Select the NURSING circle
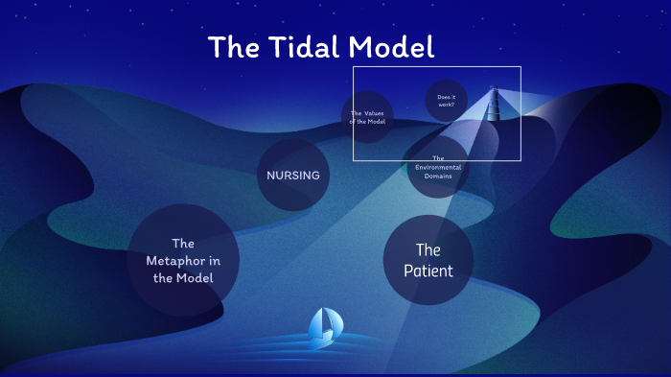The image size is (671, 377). coord(293,176)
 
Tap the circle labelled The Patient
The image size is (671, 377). coord(428,260)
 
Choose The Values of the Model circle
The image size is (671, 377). coord(367,117)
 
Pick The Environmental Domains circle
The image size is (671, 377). coord(438,167)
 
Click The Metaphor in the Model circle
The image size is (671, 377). coord(183,260)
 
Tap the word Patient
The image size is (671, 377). coord(428,271)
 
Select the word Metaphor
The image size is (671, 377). coord(183,260)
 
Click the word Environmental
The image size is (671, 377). coord(438,167)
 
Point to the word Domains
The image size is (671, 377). coord(438,176)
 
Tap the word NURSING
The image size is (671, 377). coord(293,176)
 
